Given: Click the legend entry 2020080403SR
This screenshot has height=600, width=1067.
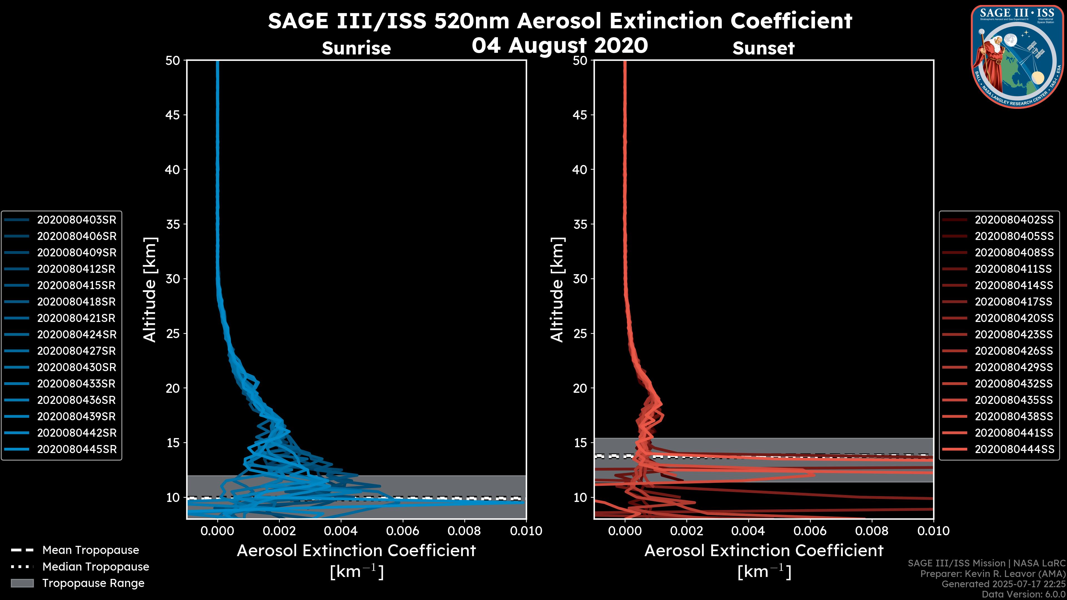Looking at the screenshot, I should (x=77, y=220).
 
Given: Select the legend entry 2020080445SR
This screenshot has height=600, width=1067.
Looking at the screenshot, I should (x=77, y=449).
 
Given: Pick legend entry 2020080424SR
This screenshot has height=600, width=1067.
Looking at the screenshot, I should (x=77, y=334).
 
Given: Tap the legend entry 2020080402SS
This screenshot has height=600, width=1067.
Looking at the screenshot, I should (x=1014, y=220).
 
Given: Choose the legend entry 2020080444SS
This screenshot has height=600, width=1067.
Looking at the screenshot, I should (x=1014, y=449).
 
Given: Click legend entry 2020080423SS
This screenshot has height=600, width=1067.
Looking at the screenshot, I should (x=1014, y=334).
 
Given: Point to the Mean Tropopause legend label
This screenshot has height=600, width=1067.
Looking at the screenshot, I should (x=91, y=550).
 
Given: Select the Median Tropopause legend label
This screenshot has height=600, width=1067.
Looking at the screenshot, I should (x=96, y=567).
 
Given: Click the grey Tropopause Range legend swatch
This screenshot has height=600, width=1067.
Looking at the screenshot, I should (x=22, y=583).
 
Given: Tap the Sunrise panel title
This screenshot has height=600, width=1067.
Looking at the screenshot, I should (x=356, y=48).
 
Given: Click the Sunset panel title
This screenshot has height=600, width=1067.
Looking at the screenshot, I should (x=763, y=48).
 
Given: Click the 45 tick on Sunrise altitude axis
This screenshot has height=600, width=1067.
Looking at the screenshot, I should (x=172, y=115).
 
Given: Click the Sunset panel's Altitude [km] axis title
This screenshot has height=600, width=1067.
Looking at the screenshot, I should (x=557, y=290).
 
